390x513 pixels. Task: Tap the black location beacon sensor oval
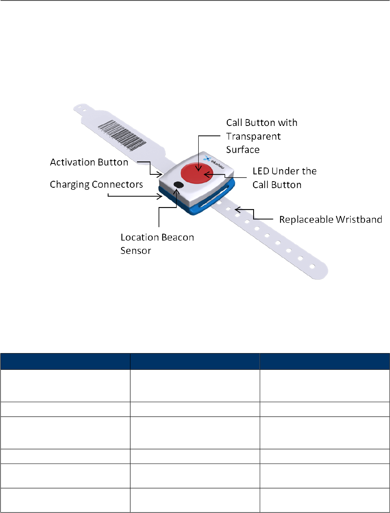click(x=178, y=184)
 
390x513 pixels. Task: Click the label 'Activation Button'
click(x=89, y=162)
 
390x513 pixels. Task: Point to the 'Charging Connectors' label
click(x=96, y=184)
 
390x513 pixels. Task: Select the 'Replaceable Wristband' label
click(x=330, y=220)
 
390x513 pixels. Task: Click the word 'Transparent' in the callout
click(x=253, y=136)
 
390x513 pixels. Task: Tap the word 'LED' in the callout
click(x=260, y=171)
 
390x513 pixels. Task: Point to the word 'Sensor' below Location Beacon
click(x=136, y=251)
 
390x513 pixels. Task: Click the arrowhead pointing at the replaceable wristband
click(x=237, y=209)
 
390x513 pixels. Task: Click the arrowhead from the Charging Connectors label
click(x=160, y=197)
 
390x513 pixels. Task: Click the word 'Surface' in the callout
click(x=243, y=150)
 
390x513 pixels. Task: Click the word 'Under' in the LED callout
click(x=285, y=171)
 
